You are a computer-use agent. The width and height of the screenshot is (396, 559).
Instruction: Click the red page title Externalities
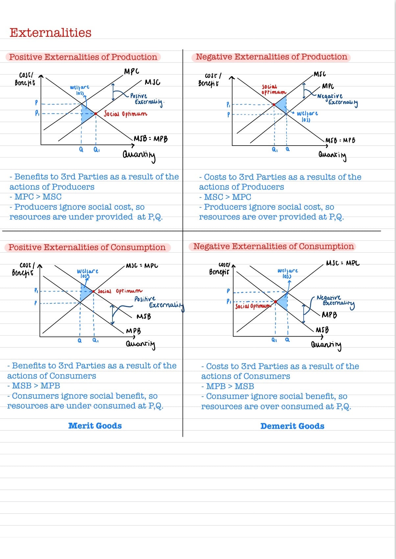[50, 33]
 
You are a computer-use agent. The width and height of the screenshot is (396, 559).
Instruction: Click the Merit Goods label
[95, 426]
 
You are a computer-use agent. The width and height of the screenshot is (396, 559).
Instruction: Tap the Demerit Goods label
[292, 426]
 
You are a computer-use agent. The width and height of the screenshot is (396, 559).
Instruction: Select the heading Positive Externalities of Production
[83, 57]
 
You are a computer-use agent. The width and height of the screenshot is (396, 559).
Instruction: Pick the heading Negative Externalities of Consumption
[273, 246]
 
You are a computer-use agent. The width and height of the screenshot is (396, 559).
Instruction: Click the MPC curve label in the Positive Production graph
[132, 71]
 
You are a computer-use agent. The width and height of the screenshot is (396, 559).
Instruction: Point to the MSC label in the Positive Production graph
[152, 82]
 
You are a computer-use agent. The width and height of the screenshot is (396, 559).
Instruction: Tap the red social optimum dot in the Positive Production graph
[96, 114]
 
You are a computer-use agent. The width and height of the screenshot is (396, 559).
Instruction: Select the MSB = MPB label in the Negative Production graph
[340, 140]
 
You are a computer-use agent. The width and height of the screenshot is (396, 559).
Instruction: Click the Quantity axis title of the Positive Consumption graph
[140, 344]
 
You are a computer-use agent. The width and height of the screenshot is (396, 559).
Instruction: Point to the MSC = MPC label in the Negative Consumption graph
[343, 263]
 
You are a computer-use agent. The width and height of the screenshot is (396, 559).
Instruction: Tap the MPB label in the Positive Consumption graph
[134, 331]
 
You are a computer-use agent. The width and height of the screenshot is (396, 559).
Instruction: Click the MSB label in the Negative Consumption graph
[322, 330]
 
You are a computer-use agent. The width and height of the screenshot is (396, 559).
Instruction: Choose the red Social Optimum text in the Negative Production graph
[274, 89]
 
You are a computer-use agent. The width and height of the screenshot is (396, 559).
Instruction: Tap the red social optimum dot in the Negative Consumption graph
[276, 301]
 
